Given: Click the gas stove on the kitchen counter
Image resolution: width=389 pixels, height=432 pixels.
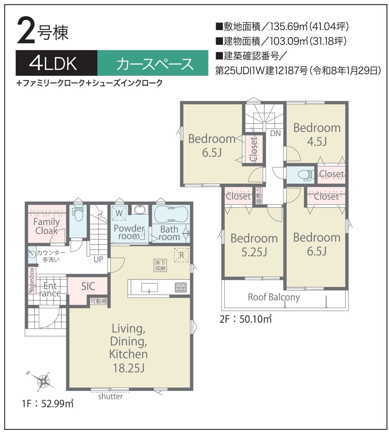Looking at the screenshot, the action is [x=181, y=287].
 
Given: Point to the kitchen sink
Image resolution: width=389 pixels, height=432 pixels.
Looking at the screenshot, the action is [x=149, y=288].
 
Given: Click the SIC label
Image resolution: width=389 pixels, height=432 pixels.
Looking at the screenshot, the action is [x=88, y=286].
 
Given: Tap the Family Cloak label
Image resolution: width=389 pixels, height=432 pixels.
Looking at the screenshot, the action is [x=47, y=226].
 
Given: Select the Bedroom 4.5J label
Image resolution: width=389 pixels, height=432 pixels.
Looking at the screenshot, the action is [x=317, y=135].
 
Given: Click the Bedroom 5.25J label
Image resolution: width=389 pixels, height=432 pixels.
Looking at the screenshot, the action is [x=254, y=245].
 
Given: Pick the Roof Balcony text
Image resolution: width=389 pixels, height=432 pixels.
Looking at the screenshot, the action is [x=274, y=297].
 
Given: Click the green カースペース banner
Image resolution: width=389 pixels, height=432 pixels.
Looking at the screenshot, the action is [x=152, y=63].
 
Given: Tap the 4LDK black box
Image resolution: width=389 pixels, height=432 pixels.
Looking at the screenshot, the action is [x=57, y=63].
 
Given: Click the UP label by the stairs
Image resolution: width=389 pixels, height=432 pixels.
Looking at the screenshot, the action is [x=99, y=260].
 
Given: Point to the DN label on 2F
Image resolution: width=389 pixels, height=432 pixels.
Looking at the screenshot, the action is [x=276, y=133].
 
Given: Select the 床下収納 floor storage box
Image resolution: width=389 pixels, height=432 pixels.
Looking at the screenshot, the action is [x=160, y=266].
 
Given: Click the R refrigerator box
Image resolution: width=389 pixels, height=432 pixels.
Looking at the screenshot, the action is [x=181, y=255].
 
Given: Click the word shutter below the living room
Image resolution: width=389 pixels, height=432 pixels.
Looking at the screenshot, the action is [x=110, y=397].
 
